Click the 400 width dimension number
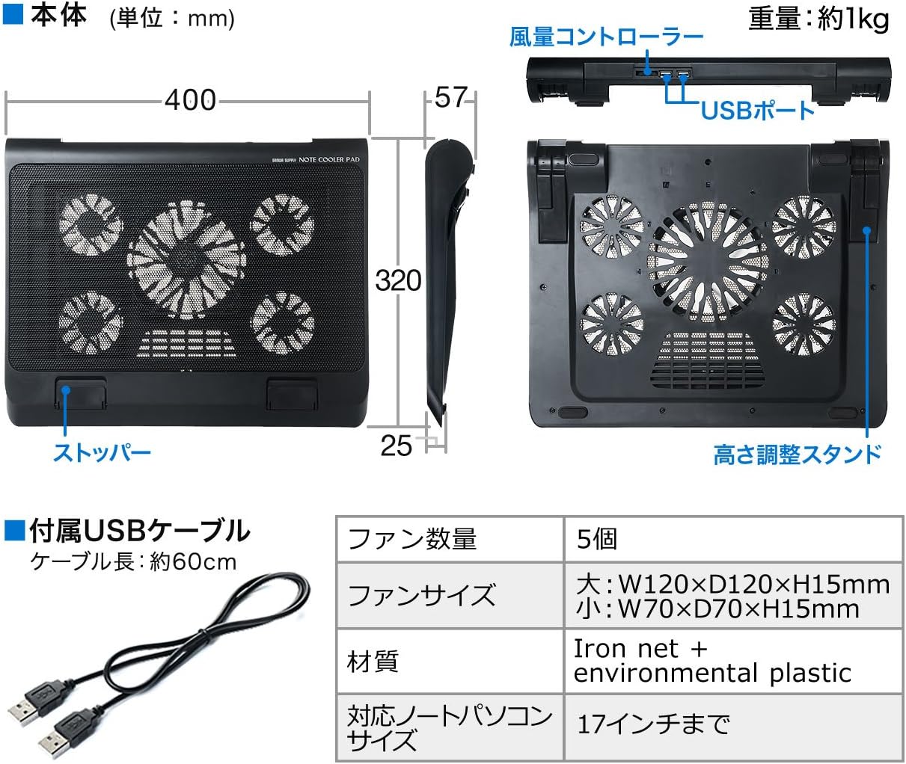190,100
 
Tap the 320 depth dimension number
398,280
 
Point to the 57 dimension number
451,97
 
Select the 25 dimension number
396,445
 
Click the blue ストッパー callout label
102,452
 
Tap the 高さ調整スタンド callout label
798,454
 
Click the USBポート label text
758,110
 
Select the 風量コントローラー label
606,37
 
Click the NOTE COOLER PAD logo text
329,159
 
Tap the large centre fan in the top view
187,259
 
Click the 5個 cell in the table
596,539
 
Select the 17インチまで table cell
653,724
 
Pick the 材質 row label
373,662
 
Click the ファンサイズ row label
421,595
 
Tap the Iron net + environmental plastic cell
712,661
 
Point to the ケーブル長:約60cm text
133,562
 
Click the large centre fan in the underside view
708,262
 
